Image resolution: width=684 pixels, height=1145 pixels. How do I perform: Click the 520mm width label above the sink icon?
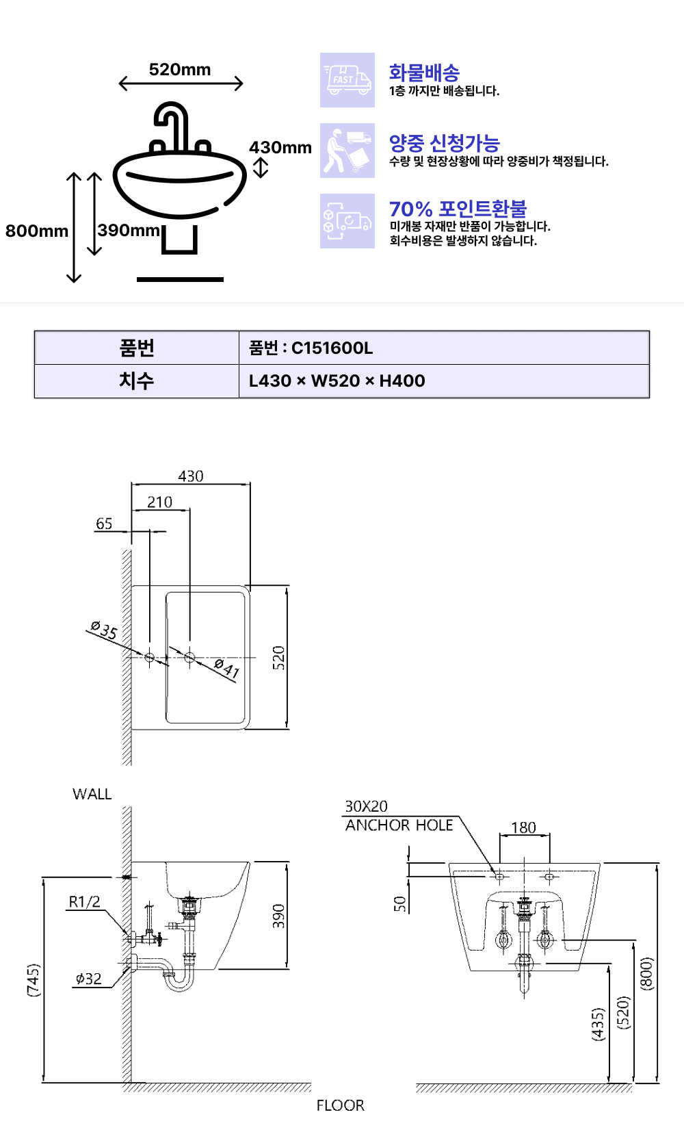[x=180, y=70]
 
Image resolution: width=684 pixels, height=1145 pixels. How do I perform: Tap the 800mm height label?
[x=37, y=231]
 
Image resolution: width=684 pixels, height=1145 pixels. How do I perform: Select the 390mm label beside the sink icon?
[x=129, y=230]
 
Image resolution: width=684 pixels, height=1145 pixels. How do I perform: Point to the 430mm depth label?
[x=280, y=148]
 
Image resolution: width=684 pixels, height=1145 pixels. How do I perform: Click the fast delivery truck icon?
[x=347, y=80]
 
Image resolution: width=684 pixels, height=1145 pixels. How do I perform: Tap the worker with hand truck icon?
[x=347, y=151]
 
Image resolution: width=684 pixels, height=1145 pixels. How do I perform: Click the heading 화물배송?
[x=424, y=73]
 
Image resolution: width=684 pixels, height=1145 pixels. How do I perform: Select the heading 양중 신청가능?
[x=445, y=143]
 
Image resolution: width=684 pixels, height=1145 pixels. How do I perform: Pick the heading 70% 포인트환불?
[x=458, y=209]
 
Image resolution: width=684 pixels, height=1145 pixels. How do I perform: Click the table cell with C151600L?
[x=311, y=348]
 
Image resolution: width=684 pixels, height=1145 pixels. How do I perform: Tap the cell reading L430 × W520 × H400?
[x=337, y=381]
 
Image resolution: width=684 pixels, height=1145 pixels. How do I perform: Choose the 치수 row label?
[x=137, y=381]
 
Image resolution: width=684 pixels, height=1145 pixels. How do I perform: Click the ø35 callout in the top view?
[x=104, y=630]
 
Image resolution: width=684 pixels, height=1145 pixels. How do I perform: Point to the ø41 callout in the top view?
[x=226, y=668]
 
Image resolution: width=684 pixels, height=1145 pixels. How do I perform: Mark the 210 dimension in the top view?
[x=160, y=502]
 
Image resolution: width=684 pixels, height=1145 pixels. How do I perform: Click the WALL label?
[x=92, y=794]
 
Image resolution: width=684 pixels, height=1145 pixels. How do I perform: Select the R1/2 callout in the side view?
[x=84, y=902]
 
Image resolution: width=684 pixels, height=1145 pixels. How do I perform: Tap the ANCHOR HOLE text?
[x=399, y=825]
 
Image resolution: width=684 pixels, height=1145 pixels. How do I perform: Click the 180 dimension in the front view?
[x=524, y=827]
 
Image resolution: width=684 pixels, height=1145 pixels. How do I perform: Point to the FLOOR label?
[x=340, y=1105]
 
